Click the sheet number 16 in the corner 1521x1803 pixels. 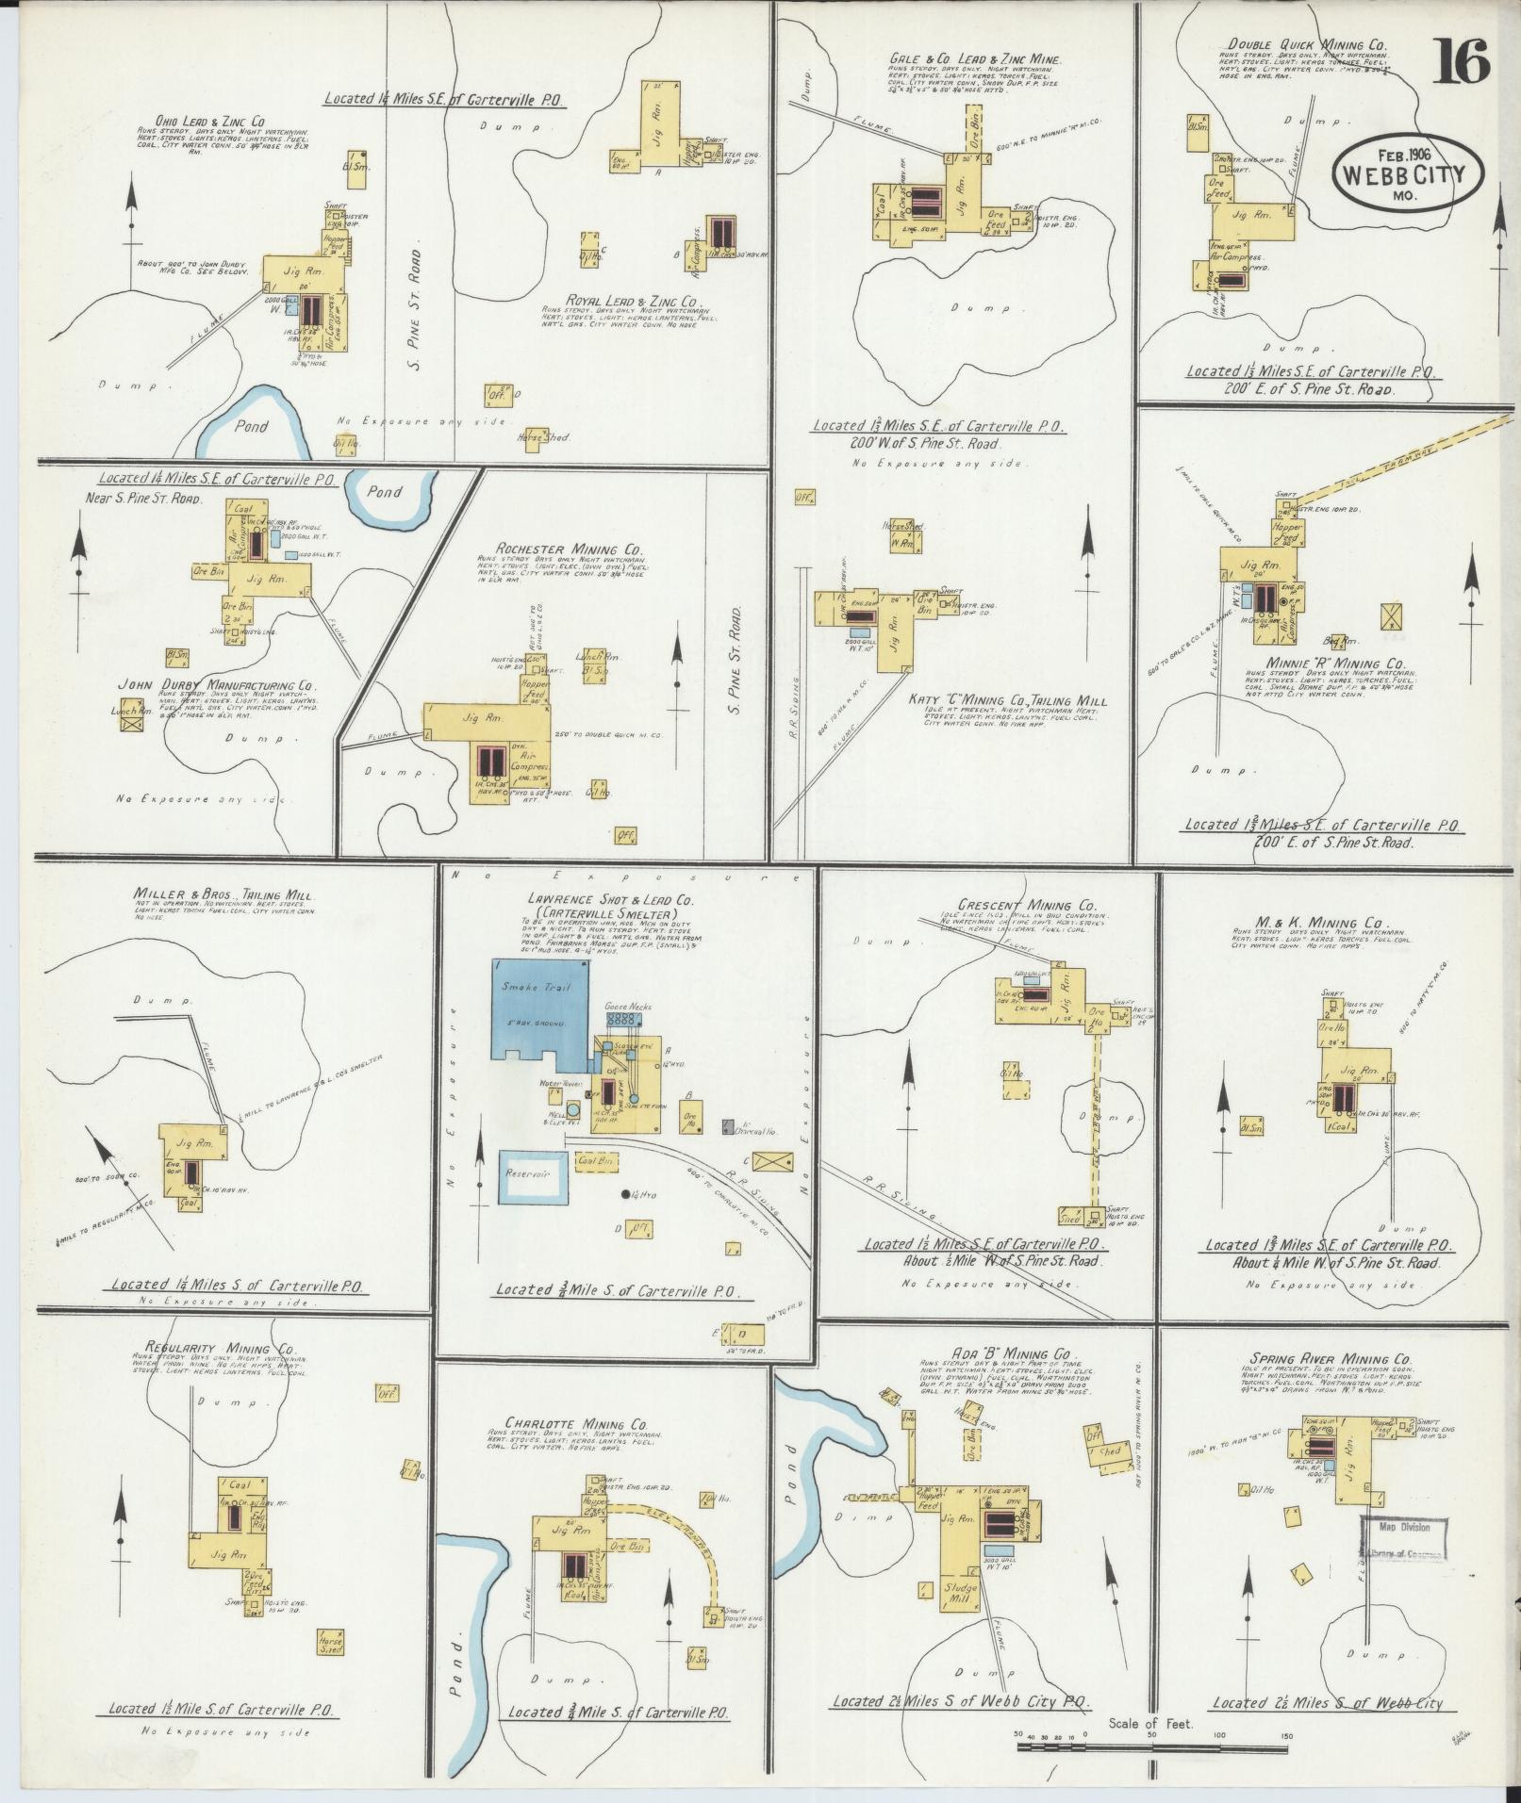(1463, 61)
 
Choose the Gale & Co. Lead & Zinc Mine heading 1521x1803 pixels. (976, 59)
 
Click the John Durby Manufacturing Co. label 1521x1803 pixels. (216, 686)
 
